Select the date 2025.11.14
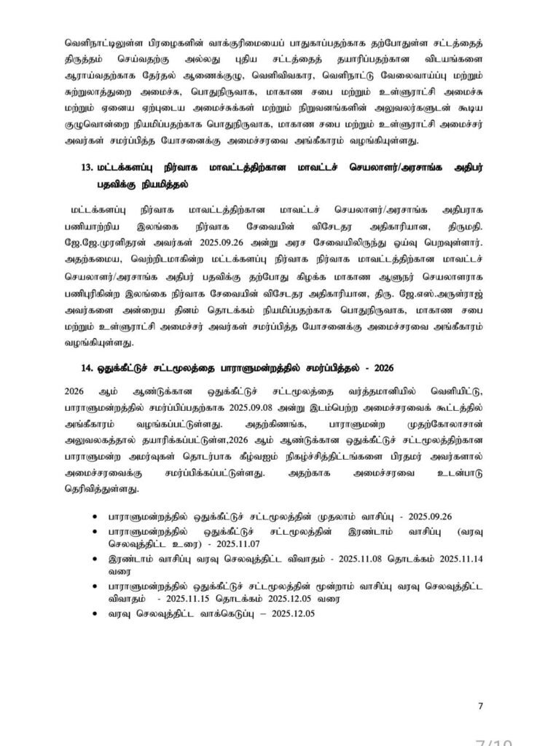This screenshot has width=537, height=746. (454, 559)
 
